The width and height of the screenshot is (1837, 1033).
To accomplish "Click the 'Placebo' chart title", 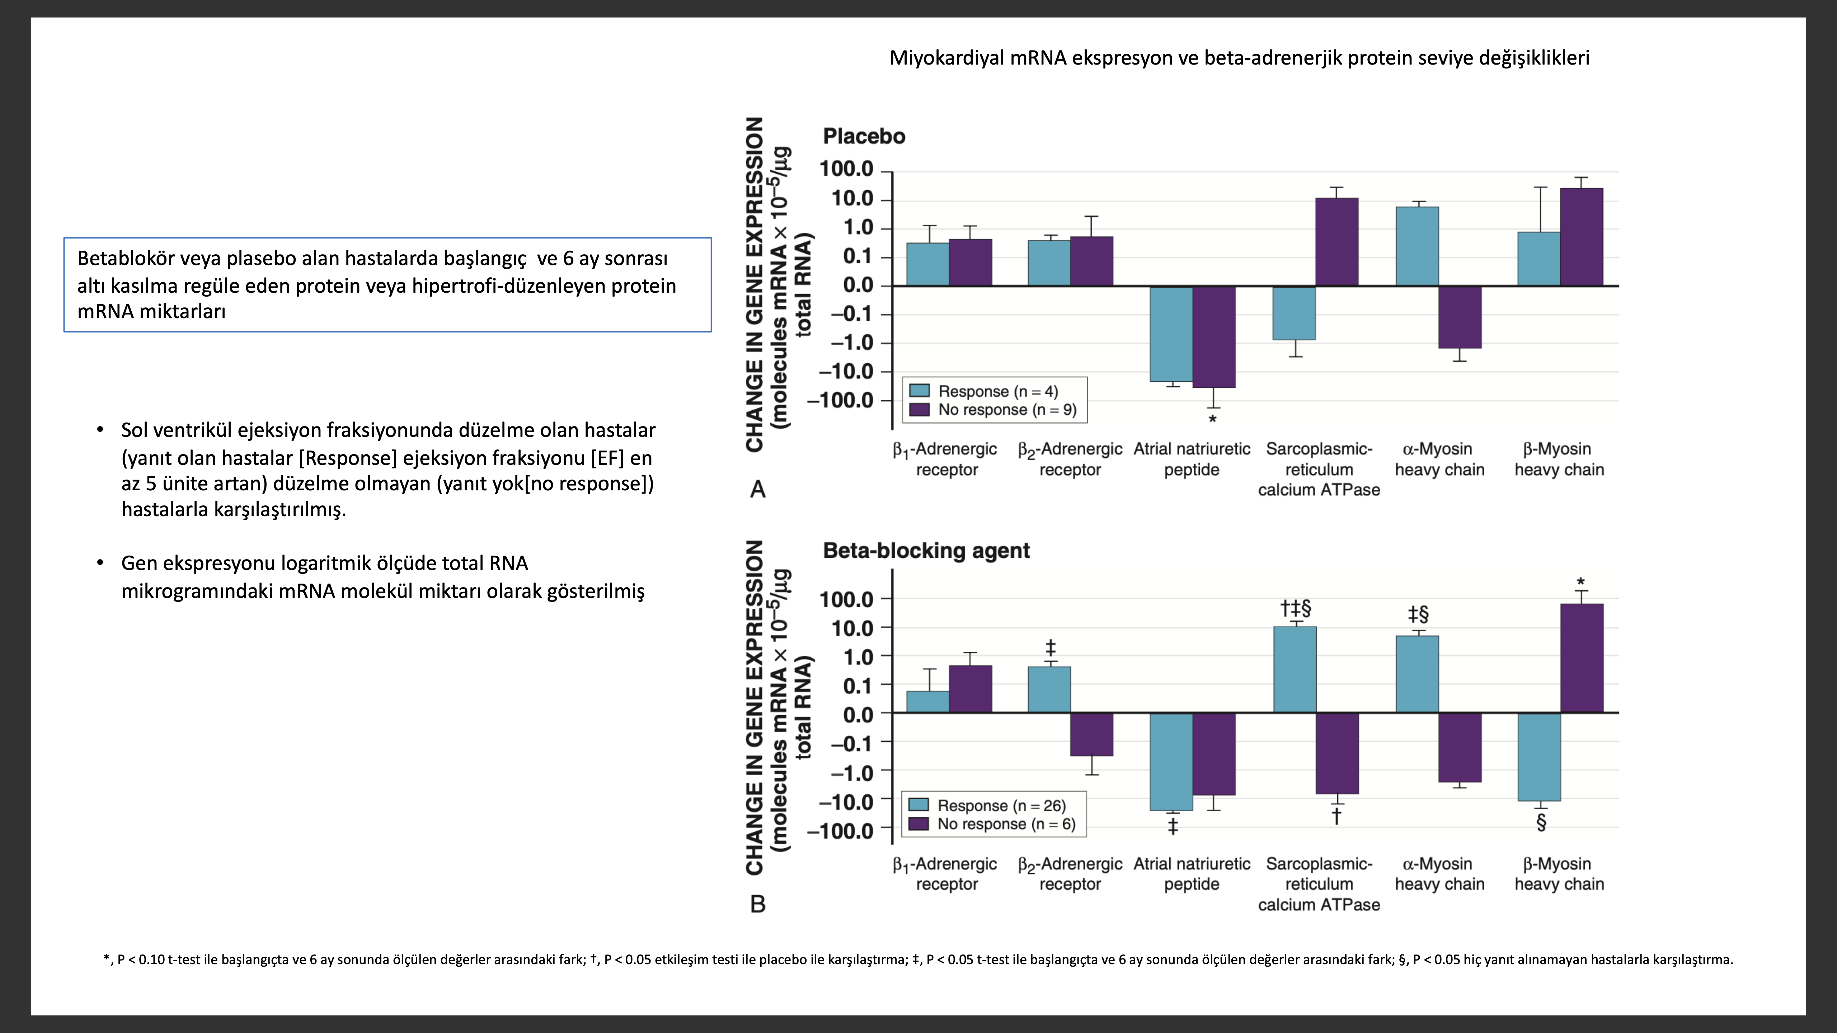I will (x=864, y=136).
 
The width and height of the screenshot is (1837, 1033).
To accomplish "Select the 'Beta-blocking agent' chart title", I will (x=926, y=550).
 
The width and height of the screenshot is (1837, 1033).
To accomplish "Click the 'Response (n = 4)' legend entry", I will (x=997, y=391).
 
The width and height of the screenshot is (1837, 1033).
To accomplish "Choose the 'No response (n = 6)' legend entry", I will (x=1005, y=824).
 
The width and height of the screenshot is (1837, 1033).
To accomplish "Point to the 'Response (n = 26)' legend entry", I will (x=1001, y=806).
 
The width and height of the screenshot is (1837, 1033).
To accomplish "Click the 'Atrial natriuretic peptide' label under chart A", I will (x=1192, y=459).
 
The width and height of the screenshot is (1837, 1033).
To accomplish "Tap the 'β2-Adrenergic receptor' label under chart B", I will (x=1070, y=874).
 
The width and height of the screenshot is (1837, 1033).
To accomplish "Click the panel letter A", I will (x=757, y=490).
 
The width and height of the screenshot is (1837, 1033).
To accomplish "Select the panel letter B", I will (x=757, y=904).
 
